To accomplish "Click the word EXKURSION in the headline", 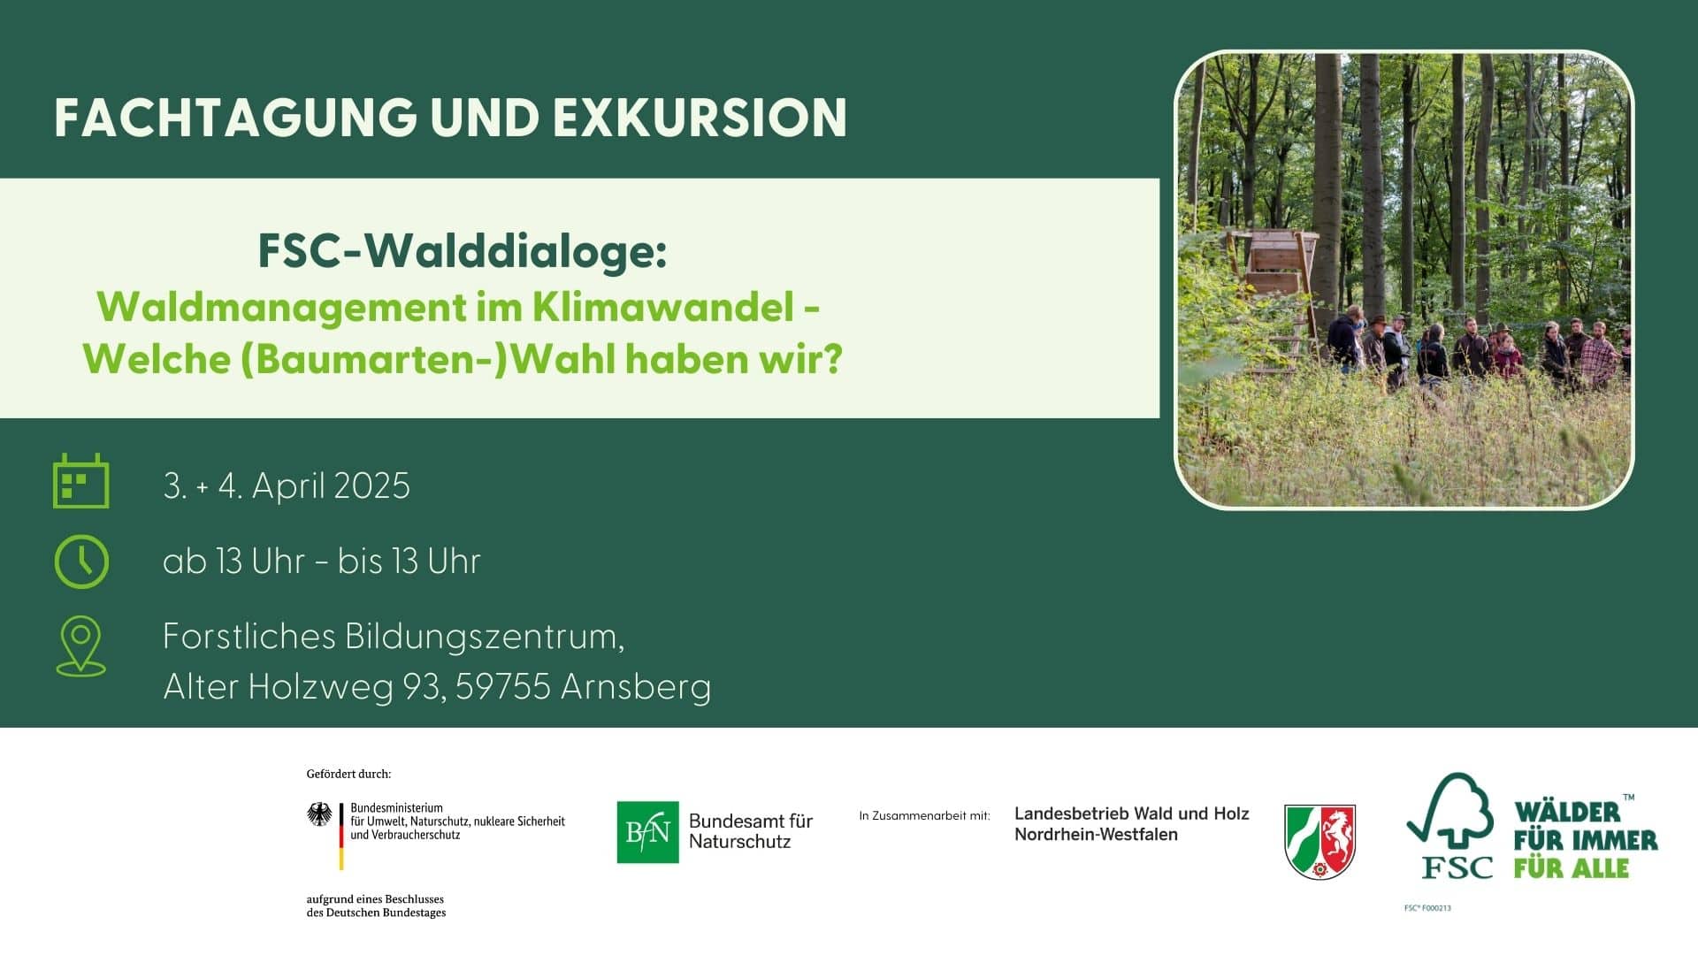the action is tap(700, 118).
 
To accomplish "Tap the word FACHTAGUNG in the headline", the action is tap(236, 118).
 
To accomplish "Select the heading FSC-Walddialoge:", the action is tap(463, 251).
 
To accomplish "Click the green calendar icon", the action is tap(81, 481).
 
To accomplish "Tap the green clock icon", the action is tap(81, 562).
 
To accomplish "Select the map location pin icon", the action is tap(81, 646).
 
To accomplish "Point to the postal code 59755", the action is tap(503, 687).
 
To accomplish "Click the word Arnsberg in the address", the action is tap(636, 688).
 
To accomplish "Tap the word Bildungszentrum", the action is tap(485, 638).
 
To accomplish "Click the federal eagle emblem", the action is tap(319, 814).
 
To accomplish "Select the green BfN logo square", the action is tap(647, 832).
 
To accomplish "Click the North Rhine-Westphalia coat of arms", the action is tap(1319, 842).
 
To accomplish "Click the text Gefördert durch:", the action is tap(348, 774).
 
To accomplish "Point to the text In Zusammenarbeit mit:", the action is tap(924, 815).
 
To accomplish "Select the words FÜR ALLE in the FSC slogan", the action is tap(1572, 868).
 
